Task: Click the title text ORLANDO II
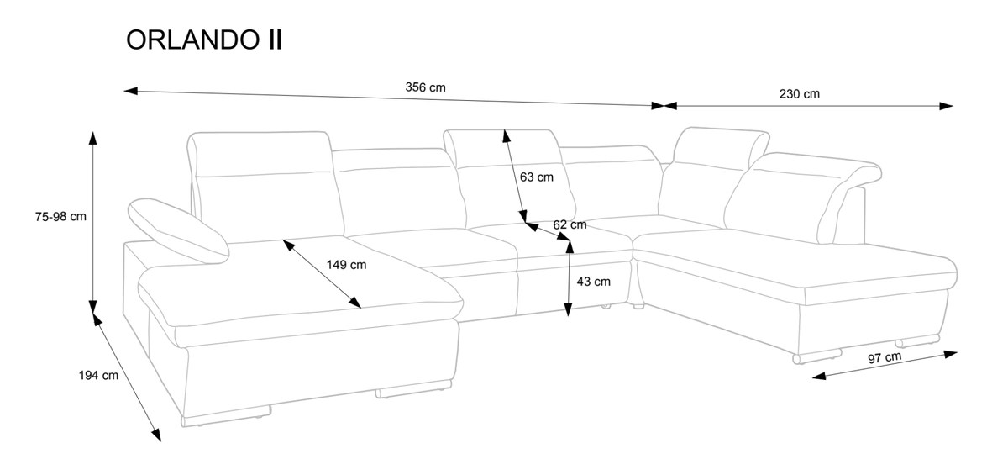203,40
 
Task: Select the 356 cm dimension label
425,87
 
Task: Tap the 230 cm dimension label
799,93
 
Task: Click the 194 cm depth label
98,376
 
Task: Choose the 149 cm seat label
346,264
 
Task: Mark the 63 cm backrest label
537,177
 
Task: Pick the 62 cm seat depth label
570,224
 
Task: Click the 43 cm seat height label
593,282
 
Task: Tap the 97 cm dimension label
885,357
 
